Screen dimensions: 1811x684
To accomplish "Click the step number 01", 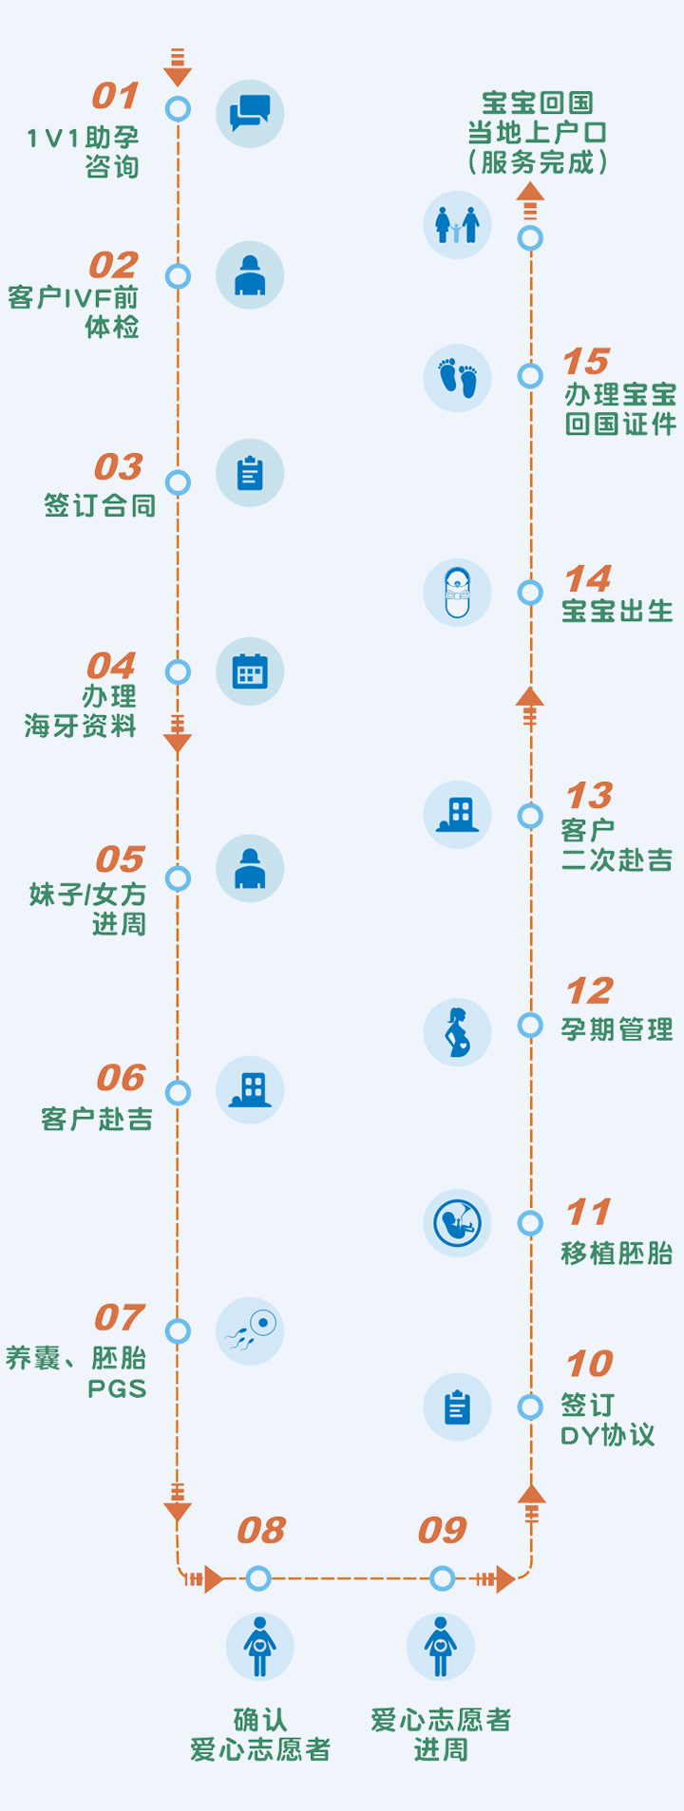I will pos(115,96).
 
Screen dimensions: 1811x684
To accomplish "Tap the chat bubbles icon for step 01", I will pos(250,113).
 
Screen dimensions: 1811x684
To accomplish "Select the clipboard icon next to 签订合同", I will pos(250,473).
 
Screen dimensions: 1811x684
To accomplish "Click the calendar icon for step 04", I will pos(250,671).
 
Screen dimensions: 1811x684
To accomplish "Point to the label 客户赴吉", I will pos(97,1120).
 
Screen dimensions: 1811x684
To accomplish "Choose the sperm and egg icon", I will pos(250,1331).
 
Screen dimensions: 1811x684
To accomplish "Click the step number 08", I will pos(261,1530).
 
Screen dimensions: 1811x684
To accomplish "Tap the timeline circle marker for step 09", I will pos(442,1578).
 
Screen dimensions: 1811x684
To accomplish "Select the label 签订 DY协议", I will pos(607,1420).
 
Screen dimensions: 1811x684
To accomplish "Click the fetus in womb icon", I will pos(457,1223).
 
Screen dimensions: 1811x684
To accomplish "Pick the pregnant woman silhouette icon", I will pos(457,1032).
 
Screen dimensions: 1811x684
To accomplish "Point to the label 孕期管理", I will pos(617,1029).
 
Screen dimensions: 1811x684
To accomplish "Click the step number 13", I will pos(589,795).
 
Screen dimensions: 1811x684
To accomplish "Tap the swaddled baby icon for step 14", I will pos(457,593).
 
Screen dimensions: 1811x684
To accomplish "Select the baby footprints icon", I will pos(457,378).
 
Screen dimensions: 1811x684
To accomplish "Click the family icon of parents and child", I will pos(457,225).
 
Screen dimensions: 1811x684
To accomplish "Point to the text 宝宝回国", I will pos(537,103).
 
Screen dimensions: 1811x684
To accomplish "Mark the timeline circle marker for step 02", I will pos(178,276).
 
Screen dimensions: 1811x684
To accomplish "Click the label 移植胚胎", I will pos(617,1254).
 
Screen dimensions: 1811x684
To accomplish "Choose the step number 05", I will pos(120,859).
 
